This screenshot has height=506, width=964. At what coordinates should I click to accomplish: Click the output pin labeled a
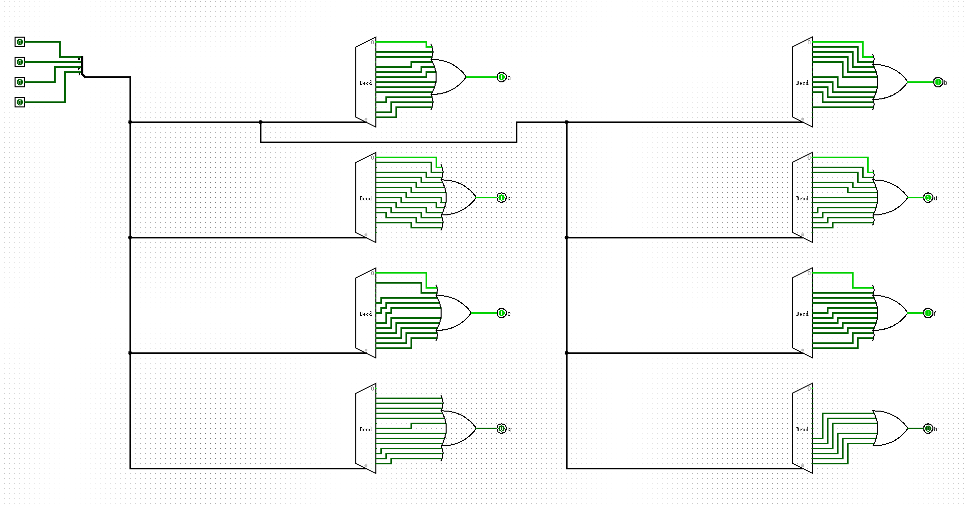[x=501, y=77]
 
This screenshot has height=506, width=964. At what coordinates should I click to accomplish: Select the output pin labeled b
[x=938, y=82]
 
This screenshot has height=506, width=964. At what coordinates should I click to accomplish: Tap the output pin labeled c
[x=501, y=198]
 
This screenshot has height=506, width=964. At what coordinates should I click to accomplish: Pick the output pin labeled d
[x=928, y=198]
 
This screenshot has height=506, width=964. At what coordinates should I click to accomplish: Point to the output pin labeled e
[x=501, y=313]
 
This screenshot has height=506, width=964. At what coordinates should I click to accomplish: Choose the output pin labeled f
[x=928, y=313]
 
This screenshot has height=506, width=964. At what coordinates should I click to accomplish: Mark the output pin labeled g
[x=501, y=429]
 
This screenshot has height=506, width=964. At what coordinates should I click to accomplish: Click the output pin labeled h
[x=928, y=429]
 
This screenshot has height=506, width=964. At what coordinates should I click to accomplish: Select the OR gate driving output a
[x=449, y=77]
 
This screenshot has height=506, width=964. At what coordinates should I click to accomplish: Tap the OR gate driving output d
[x=891, y=198]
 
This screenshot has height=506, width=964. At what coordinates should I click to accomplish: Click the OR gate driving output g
[x=459, y=429]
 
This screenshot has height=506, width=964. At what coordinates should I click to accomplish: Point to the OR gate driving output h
[x=891, y=429]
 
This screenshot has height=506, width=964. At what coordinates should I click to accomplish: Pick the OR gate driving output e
[x=454, y=313]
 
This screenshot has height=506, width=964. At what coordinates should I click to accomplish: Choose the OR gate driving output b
[x=891, y=82]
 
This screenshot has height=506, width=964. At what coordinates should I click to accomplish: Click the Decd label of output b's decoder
[x=802, y=83]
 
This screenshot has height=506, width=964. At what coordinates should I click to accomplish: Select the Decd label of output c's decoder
[x=365, y=198]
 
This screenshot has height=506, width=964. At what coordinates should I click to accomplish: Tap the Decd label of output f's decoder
[x=802, y=314]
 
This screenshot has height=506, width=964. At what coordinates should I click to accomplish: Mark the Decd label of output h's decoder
[x=802, y=429]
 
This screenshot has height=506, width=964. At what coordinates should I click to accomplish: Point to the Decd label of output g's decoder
[x=365, y=429]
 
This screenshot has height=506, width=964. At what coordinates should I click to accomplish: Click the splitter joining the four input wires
[x=81, y=67]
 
